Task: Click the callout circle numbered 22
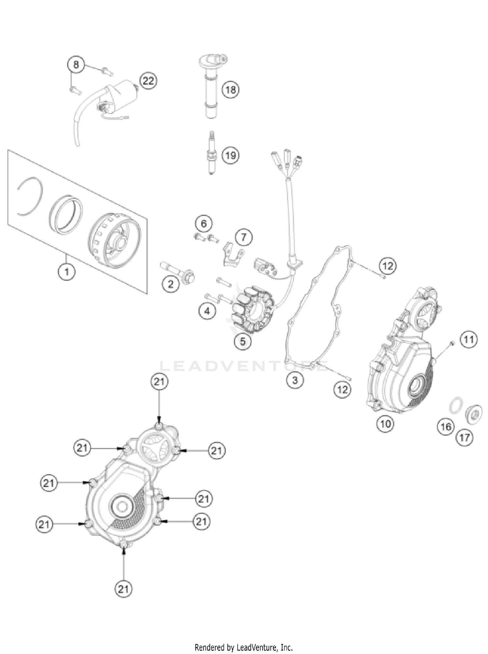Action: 148,80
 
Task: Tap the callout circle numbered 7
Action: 244,238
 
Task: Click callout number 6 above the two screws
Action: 204,223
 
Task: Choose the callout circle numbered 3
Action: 295,380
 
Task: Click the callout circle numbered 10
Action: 385,424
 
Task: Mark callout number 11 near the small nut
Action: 468,340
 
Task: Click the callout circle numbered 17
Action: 465,438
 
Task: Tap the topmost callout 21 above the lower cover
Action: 159,382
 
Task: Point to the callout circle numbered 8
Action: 76,64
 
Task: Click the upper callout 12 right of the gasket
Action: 388,266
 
